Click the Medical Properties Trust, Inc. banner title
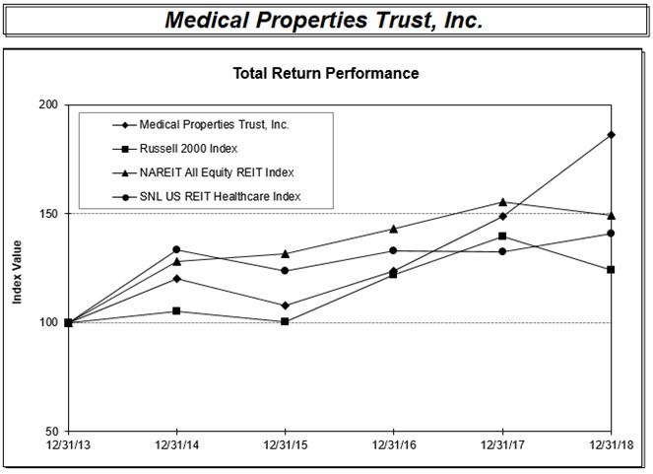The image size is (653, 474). point(324,20)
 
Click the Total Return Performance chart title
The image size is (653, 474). point(325,73)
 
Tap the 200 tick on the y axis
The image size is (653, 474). point(47,104)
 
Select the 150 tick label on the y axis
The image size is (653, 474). point(47,214)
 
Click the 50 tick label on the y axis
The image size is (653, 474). point(50,432)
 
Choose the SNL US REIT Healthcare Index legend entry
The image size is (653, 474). point(220,197)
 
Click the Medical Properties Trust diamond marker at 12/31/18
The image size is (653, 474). point(612,134)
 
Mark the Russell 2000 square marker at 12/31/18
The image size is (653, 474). point(612,269)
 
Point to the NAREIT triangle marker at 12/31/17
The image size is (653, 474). point(503,202)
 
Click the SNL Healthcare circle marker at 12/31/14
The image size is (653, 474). point(176,249)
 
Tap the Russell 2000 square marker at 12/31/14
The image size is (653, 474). point(176,311)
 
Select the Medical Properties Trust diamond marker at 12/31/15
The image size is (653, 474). point(286,305)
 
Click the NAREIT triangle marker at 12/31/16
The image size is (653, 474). point(394,229)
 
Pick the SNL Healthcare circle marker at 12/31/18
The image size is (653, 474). point(612,234)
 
